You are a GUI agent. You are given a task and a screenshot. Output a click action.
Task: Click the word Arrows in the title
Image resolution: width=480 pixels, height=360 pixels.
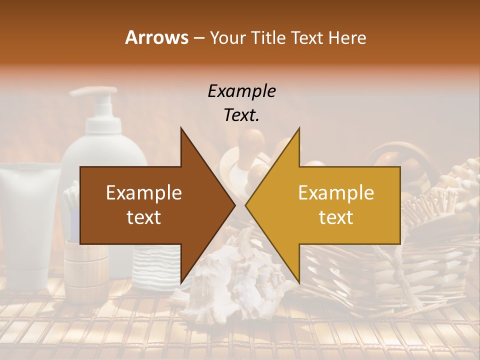pyautogui.click(x=156, y=37)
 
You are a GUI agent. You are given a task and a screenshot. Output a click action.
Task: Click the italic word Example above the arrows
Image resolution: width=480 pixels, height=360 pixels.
pyautogui.click(x=241, y=91)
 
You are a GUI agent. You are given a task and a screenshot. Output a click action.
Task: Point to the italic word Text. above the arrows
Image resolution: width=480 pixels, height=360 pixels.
pyautogui.click(x=241, y=115)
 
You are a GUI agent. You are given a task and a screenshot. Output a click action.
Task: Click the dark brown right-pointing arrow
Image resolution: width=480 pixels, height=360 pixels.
pyautogui.click(x=150, y=205)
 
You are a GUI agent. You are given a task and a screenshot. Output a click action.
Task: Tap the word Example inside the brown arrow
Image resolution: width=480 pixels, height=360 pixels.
pyautogui.click(x=144, y=192)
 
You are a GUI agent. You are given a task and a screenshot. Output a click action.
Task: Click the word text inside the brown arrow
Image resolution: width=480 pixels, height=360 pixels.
pyautogui.click(x=144, y=217)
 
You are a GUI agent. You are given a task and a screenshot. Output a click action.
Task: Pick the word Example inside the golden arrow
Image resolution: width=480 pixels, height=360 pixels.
pyautogui.click(x=336, y=192)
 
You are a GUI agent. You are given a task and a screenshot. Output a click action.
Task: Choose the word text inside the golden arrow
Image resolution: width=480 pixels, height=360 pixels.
pyautogui.click(x=336, y=217)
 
